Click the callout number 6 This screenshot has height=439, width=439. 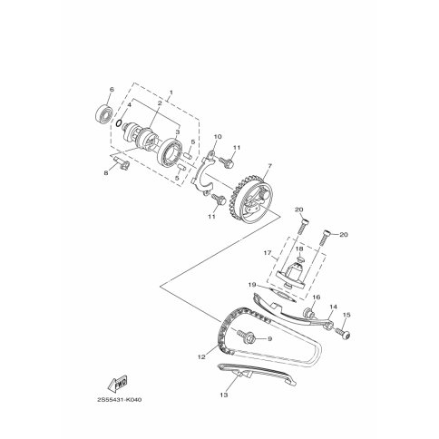click(112, 89)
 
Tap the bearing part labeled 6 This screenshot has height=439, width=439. click(104, 113)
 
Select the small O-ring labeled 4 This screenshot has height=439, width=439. click(120, 123)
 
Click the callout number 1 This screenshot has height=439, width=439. click(171, 92)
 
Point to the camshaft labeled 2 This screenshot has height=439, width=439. click(140, 138)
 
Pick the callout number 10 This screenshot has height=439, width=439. click(218, 136)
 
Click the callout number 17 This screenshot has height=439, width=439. click(268, 253)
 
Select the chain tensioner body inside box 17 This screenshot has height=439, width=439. click(294, 272)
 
